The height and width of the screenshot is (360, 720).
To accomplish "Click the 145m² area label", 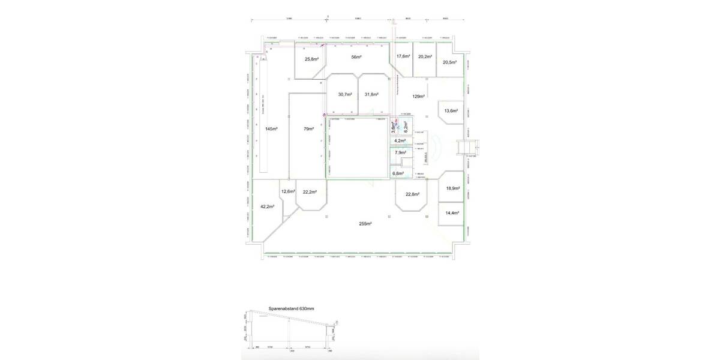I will coord(272,129).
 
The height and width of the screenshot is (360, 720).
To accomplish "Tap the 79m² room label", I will coord(309,129).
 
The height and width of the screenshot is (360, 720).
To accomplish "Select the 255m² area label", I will coord(365,224).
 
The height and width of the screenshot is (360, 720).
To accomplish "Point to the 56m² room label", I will coord(356,57).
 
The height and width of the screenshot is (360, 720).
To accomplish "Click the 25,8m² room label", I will coord(311,59).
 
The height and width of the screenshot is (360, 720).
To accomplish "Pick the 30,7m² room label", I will coord(344,94).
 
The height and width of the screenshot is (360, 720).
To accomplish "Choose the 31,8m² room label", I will coord(372,94).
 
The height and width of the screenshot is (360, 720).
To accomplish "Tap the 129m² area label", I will coord(419,96).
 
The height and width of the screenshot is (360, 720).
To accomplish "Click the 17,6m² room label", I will coord(403,56).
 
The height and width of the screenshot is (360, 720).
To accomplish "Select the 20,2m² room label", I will coord(425,56).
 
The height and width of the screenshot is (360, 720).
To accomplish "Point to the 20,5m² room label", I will coord(450,62).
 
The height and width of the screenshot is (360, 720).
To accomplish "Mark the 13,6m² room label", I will coord(451,111).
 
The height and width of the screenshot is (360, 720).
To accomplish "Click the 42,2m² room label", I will coord(267,206).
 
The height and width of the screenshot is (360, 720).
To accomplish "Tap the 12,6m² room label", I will coord(288,191).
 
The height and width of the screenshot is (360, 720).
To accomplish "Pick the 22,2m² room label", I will coord(310,192).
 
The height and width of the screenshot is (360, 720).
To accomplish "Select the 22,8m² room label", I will coord(412,194).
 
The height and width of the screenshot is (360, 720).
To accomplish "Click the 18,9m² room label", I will coord(452,188).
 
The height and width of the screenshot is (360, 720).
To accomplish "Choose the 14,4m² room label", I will coord(452,213).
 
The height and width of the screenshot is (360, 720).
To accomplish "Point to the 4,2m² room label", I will coord(399,141).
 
